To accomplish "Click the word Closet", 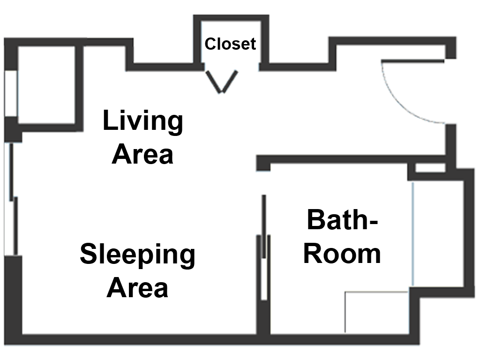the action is [230, 44].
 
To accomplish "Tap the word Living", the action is [143, 121].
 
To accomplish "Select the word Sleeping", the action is [137, 255].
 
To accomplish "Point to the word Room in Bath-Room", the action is [342, 254].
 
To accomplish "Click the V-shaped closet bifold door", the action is [222, 82].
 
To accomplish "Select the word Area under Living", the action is [142, 154].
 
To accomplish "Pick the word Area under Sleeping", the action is [137, 287].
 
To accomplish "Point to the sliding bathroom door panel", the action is [264, 226].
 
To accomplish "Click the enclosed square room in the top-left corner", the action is [46, 85].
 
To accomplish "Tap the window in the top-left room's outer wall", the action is [11, 93].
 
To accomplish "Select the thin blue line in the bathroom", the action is [412, 234].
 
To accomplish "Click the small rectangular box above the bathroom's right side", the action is [430, 168].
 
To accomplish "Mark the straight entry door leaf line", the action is [412, 61].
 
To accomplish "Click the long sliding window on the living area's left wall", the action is [11, 199].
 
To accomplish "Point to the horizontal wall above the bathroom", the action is [351, 159].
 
